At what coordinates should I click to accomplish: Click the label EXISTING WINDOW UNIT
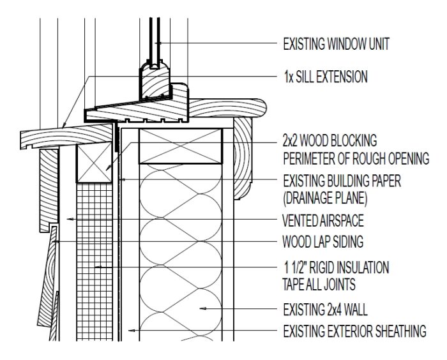[x=336, y=44]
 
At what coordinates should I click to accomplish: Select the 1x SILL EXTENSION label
[x=326, y=77]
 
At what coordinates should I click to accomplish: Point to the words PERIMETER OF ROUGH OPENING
[x=356, y=158]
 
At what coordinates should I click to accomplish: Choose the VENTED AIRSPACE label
[x=323, y=221]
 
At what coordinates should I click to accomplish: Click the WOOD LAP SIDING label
[x=322, y=243]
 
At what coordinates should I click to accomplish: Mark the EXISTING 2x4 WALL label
[x=326, y=311]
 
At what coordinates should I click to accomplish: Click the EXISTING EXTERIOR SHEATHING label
[x=354, y=331]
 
